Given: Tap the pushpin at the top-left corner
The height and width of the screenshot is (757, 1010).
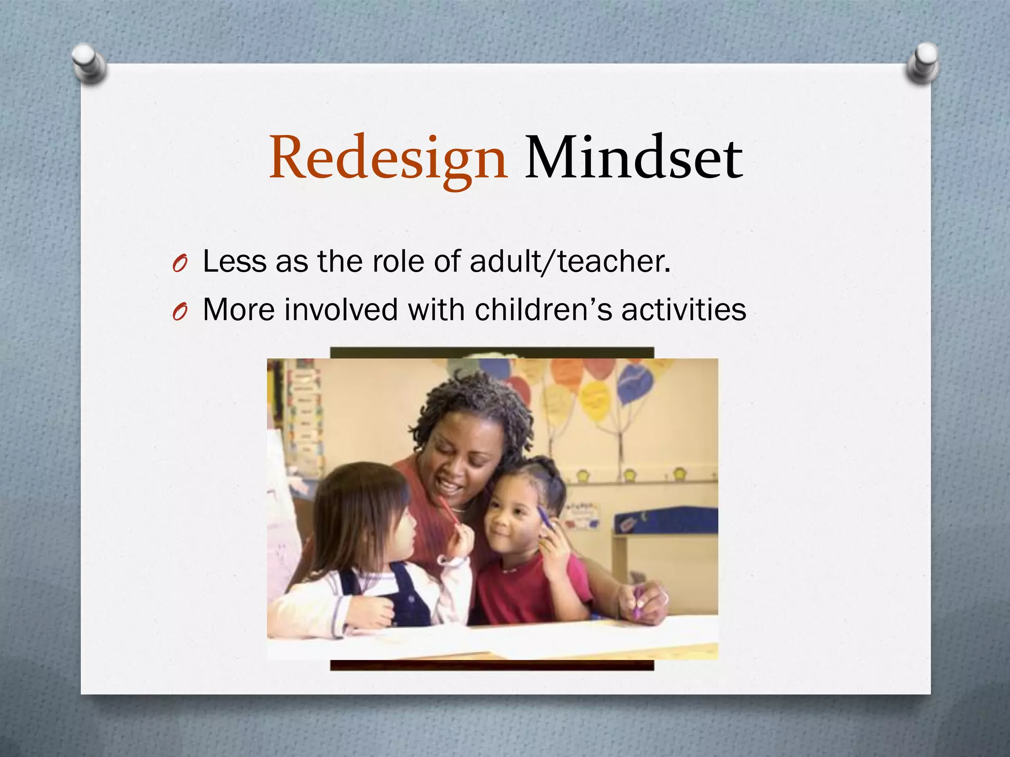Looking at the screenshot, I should click(x=89, y=63).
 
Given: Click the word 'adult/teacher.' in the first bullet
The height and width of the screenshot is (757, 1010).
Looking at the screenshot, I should click(x=570, y=261).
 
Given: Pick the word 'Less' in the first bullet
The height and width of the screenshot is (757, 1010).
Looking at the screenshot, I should click(x=234, y=261).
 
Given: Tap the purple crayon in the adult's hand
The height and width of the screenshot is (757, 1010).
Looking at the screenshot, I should click(x=637, y=603).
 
